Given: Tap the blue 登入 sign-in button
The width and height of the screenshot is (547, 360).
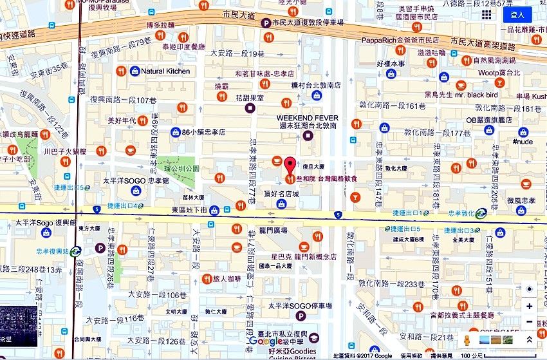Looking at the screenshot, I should click(517, 14).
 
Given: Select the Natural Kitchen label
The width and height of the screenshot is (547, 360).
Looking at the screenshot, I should click(165, 71).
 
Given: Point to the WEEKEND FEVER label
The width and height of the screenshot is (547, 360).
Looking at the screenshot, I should click(308, 118).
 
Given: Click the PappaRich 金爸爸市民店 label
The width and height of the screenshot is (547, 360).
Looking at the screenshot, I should click(400, 40).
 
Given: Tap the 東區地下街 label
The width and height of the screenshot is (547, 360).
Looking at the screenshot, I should click(190, 210).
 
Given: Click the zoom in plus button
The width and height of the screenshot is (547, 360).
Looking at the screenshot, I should click(529, 307).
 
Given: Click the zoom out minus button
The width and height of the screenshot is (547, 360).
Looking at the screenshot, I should click(529, 322).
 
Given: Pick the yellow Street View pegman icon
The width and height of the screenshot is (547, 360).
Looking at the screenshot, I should click(467, 339).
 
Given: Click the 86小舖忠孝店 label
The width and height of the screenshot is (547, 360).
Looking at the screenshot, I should click(203, 132).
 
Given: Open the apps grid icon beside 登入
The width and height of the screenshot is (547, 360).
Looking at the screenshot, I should click(487, 14).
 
